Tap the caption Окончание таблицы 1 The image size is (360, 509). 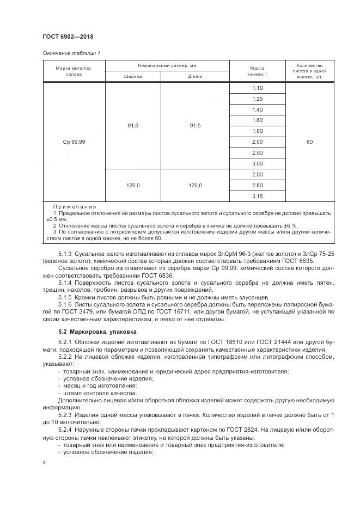(71, 53)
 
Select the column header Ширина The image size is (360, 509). (133, 76)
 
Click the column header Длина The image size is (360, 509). (195, 76)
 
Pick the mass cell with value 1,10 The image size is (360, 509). (258, 88)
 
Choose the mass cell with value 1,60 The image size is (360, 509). (258, 120)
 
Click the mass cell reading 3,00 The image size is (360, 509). (258, 163)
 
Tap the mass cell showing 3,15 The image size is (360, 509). (258, 196)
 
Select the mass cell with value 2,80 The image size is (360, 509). (258, 185)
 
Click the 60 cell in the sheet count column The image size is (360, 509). (309, 142)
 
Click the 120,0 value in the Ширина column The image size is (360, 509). (133, 185)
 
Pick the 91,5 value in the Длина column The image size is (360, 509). (195, 126)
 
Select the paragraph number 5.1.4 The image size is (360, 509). (65, 282)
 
